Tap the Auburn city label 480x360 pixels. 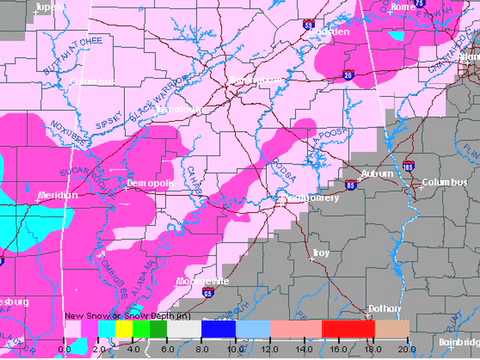coord(378,173)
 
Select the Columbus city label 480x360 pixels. coord(445,183)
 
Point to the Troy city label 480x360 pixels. coord(321,253)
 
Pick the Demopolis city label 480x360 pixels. coord(151,184)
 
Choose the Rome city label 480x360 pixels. coord(402,7)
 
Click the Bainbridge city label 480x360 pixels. coord(458,343)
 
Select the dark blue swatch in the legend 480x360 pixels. coord(217,328)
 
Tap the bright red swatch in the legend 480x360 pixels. coord(347,328)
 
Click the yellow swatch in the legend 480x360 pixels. coord(122,328)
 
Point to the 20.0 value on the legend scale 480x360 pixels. coord(405,348)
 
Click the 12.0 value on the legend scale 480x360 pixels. coord(268,348)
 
